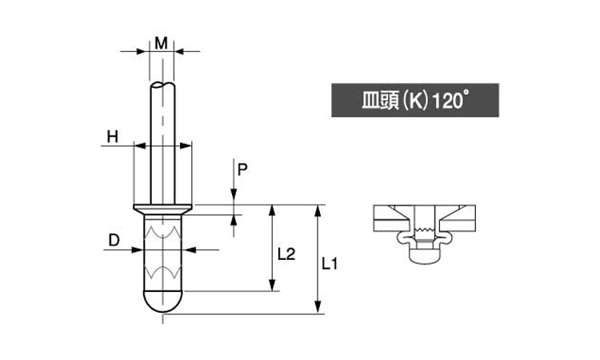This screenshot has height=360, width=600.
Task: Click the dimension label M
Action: pyautogui.click(x=162, y=43)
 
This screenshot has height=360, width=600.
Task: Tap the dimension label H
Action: pyautogui.click(x=112, y=137)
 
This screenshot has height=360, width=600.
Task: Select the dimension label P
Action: pyautogui.click(x=242, y=170)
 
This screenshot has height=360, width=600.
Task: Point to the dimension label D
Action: pyautogui.click(x=114, y=240)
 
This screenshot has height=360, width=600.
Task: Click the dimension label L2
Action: pyautogui.click(x=286, y=254)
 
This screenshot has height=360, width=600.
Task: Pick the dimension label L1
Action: pyautogui.click(x=330, y=263)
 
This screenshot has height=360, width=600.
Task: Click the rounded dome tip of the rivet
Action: pyautogui.click(x=162, y=302)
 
